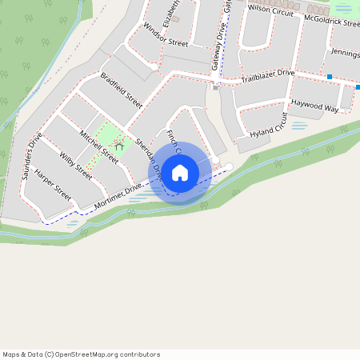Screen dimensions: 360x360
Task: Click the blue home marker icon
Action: pos(180,173)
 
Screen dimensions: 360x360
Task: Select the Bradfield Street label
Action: pos(121,90)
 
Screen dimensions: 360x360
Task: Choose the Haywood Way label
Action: pos(314,104)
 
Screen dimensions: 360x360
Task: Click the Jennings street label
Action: pos(343,54)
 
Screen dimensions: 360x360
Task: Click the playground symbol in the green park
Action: pos(118,145)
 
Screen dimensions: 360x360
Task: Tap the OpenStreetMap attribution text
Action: pos(81,354)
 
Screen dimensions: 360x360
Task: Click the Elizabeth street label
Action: pos(171,12)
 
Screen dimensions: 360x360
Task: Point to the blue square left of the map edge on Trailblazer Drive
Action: pos(329,77)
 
